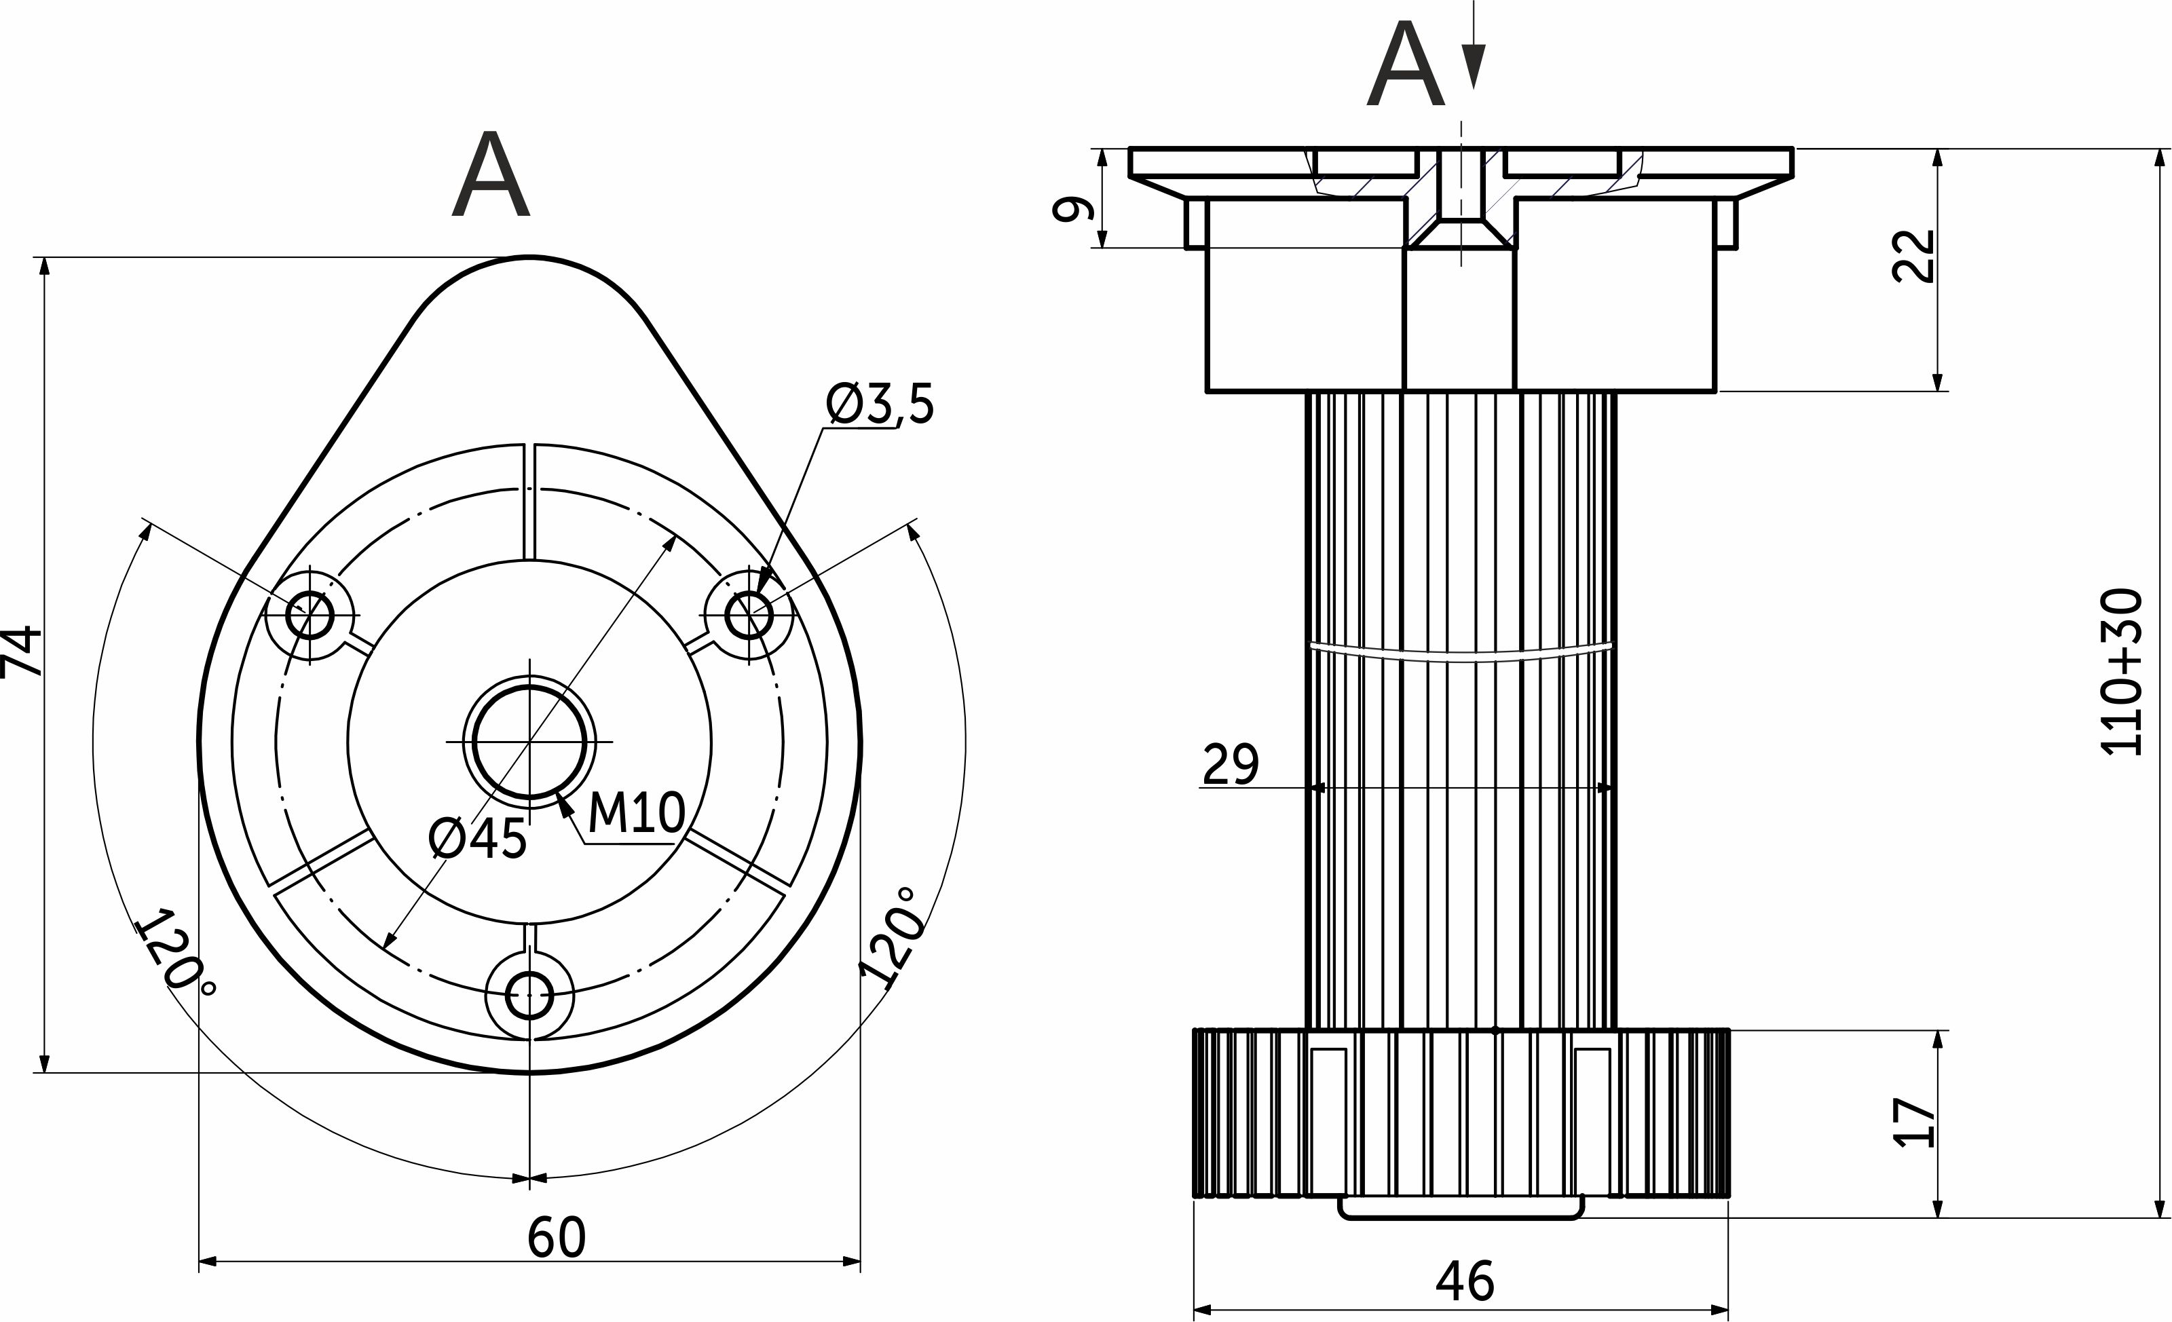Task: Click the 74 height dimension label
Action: [22, 651]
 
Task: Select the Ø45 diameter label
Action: [478, 838]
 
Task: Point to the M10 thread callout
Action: [635, 812]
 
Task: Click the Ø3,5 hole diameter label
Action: [879, 404]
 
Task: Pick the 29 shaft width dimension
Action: [1231, 764]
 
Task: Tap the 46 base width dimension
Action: [1465, 1281]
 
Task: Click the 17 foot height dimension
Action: [1915, 1122]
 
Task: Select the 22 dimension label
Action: [1915, 257]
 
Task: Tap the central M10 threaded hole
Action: [529, 742]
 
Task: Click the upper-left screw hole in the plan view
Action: [310, 614]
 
